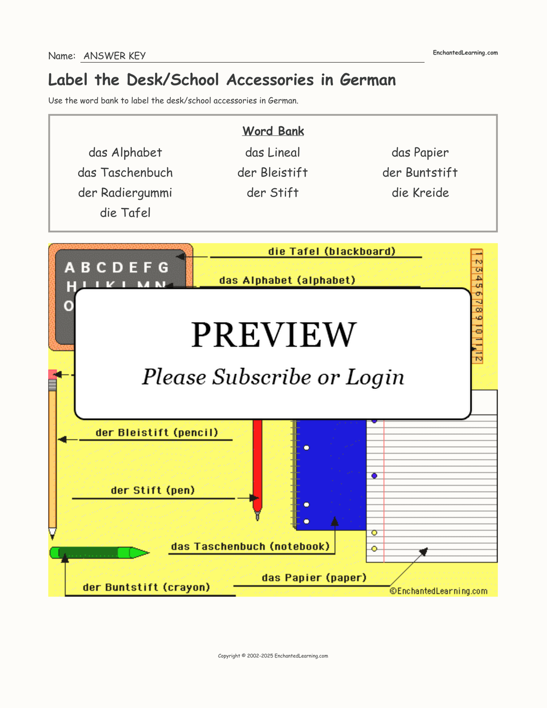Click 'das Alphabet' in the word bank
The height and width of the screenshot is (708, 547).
pos(125,152)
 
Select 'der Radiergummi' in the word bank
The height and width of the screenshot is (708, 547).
pos(125,193)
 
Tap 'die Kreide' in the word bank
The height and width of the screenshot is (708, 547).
pos(420,193)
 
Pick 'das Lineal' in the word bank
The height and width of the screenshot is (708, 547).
pos(273,152)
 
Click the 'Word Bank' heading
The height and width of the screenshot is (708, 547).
pos(273,131)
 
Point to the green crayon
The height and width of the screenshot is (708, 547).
pos(98,552)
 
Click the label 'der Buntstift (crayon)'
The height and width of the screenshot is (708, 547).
pos(147,587)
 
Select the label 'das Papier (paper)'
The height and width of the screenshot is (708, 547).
pos(314,577)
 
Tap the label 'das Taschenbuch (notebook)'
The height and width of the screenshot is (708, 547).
pos(250,546)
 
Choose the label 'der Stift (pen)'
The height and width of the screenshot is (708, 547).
pos(153,490)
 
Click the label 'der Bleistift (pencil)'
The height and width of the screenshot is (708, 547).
pos(157,433)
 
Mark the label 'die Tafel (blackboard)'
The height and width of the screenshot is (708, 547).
pos(332,251)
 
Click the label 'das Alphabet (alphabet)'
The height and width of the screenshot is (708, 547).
pos(287,280)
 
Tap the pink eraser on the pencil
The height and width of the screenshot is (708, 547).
pos(52,374)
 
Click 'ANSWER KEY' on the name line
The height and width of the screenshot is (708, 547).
pos(114,56)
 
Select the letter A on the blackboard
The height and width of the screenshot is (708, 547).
pos(69,268)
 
